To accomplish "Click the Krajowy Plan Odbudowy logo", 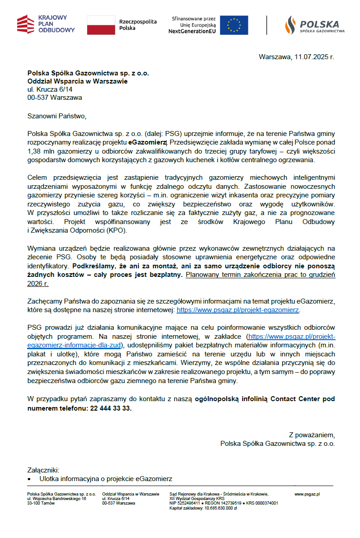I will click(46, 24).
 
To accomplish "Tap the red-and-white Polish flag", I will click(101, 25).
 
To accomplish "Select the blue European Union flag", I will click(237, 25).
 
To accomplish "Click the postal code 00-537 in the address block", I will click(38, 97).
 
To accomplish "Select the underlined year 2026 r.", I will click(37, 283).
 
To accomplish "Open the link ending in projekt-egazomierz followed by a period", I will click(238, 310).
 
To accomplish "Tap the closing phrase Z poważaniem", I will click(312, 435).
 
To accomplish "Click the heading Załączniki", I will click(43, 470).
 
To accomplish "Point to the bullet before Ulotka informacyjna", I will click(29, 479).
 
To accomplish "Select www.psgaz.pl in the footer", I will click(307, 494).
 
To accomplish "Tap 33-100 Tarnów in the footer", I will click(41, 503).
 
